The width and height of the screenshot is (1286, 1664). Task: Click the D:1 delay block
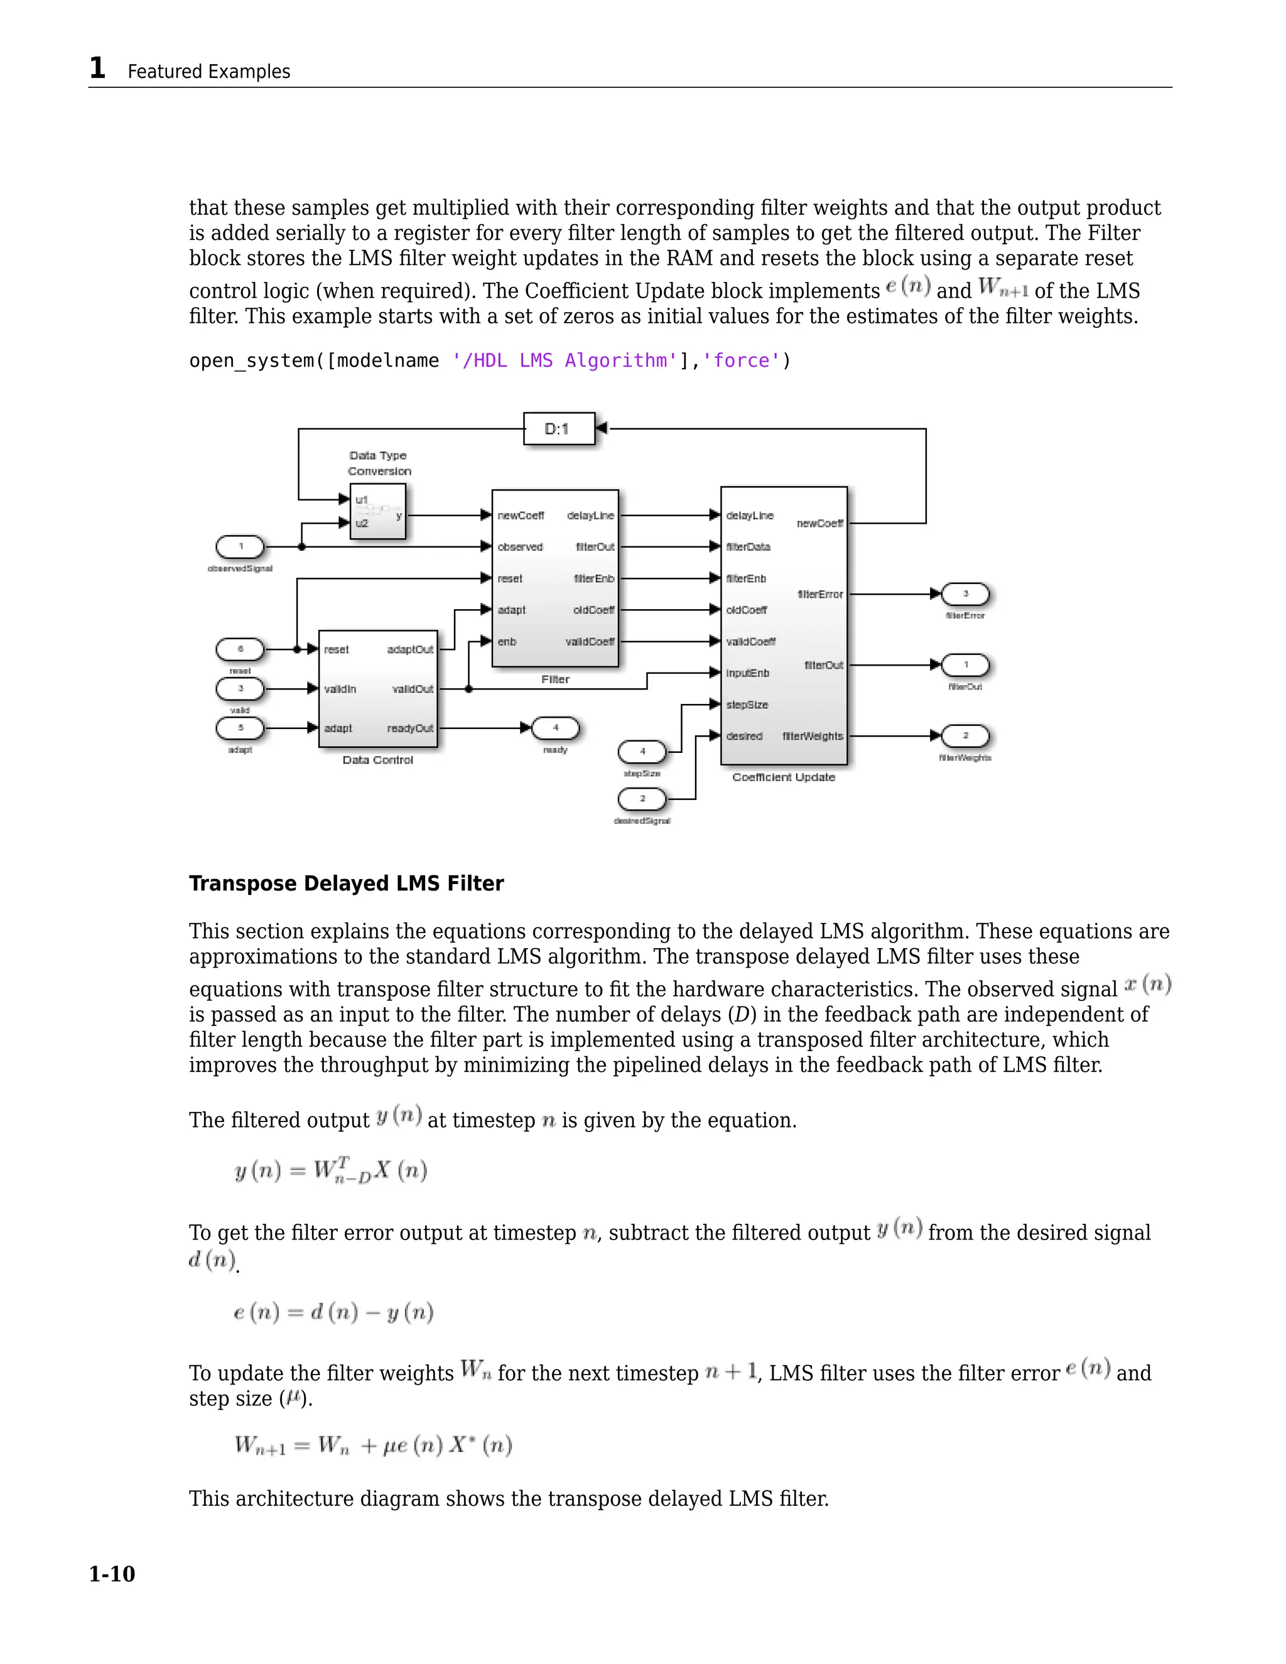click(558, 429)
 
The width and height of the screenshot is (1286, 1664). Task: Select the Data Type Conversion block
click(378, 512)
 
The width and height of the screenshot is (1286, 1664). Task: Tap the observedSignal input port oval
click(240, 546)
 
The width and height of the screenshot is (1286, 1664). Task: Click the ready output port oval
click(555, 728)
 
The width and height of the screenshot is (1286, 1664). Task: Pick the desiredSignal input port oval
click(642, 799)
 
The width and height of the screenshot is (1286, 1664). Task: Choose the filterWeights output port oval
click(965, 736)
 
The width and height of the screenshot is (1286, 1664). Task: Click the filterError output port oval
click(965, 593)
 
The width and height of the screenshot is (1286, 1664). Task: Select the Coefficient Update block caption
click(783, 777)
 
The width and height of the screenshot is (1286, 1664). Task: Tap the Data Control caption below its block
click(378, 760)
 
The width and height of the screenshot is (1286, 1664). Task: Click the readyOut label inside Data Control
click(410, 728)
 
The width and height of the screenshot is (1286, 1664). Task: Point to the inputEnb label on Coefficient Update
click(748, 673)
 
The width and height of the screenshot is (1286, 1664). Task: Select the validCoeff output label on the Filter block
click(590, 642)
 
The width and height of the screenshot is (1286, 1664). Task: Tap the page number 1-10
click(112, 1574)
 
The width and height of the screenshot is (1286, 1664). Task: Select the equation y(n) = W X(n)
click(331, 1170)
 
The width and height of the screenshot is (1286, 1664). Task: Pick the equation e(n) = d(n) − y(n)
click(333, 1312)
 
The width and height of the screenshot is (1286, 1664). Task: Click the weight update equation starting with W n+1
click(372, 1445)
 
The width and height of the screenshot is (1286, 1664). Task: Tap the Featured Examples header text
click(208, 72)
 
